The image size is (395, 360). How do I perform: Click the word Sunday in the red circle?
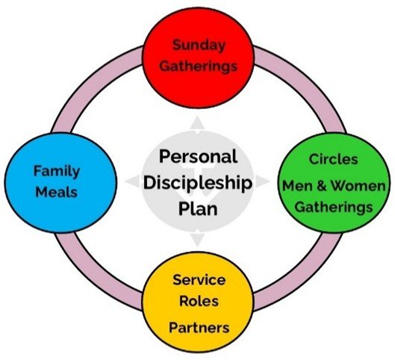[199, 46]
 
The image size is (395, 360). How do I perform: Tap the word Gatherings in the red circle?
[199, 66]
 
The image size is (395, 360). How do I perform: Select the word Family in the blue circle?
[57, 172]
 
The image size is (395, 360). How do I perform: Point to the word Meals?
[57, 192]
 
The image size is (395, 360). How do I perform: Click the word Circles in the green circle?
[333, 159]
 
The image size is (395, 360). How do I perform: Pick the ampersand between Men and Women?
[321, 185]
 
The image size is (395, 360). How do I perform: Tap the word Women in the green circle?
[358, 185]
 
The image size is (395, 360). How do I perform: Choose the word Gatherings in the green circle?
[334, 208]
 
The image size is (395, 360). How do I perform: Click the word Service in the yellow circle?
[199, 279]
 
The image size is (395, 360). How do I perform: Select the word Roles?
[199, 301]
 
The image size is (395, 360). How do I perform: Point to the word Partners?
[199, 327]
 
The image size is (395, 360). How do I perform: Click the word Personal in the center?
[198, 157]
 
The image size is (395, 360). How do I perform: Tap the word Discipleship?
[198, 184]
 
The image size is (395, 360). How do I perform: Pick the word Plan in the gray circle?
[198, 208]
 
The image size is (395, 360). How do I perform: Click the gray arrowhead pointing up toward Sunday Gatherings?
[197, 123]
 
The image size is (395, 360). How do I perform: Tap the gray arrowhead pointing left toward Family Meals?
[134, 181]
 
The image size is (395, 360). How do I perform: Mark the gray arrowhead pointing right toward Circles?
[262, 181]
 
